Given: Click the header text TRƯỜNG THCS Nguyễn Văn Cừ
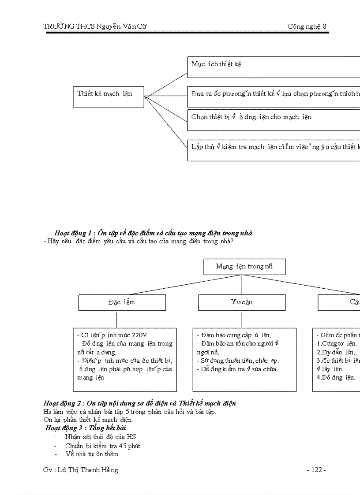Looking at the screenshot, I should coord(95,26).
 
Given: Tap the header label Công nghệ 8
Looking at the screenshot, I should coord(307,26).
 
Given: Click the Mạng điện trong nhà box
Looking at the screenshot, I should coord(244,267).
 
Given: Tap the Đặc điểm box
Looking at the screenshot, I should coord(122,302).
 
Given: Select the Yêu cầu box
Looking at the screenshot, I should coord(241,302).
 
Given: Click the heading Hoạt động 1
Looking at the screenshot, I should coord(153,233).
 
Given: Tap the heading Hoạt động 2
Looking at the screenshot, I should coord(139,403).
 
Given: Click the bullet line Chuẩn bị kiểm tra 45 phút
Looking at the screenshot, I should coord(102,446).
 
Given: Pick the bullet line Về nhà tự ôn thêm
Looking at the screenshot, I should coord(92,454).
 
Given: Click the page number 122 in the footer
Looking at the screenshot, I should coord(316,470).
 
